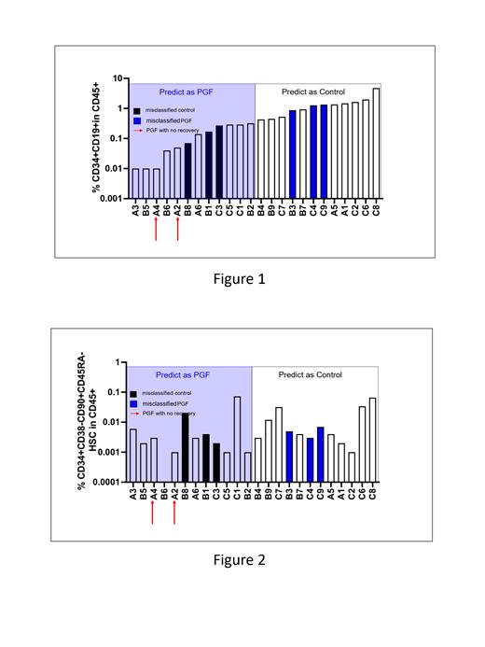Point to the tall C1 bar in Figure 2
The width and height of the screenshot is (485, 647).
(237, 439)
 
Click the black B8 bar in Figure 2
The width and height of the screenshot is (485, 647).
(187, 447)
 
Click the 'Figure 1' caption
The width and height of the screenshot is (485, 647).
(241, 278)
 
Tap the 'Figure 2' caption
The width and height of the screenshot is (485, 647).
(241, 560)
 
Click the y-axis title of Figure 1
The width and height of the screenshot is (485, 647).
(96, 139)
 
